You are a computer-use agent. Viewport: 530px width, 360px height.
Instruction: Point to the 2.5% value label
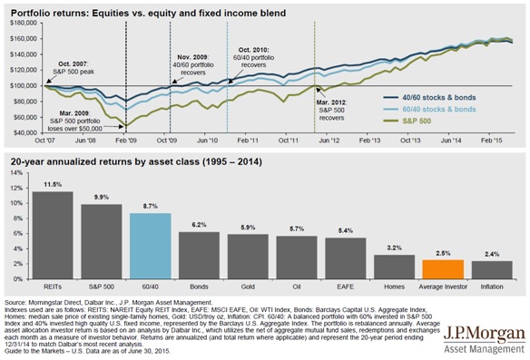click(x=442, y=254)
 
